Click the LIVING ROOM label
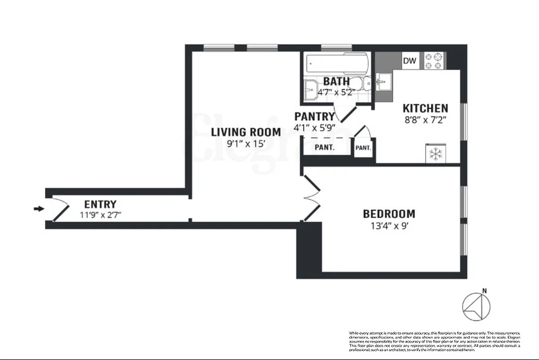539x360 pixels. [x=246, y=132]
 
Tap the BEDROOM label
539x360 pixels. [x=389, y=214]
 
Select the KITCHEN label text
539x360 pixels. [x=425, y=108]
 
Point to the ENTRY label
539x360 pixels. [x=100, y=204]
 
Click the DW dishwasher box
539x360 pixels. [x=409, y=61]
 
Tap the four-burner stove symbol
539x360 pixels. [x=435, y=61]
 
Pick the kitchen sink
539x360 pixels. [x=384, y=81]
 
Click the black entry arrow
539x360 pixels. [x=40, y=209]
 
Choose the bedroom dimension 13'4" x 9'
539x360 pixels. [x=389, y=225]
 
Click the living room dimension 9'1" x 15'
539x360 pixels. [x=246, y=144]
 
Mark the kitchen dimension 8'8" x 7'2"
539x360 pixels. [x=425, y=120]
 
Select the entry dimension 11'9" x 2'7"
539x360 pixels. [x=100, y=215]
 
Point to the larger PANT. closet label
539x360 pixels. [x=324, y=147]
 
